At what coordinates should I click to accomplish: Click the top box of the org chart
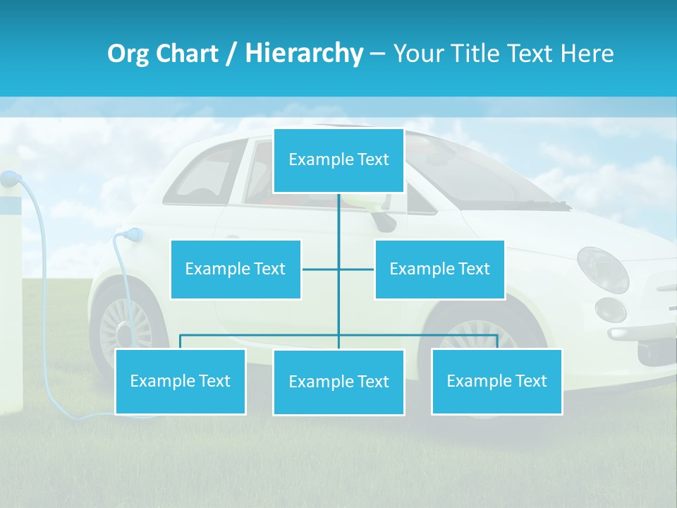tap(338, 160)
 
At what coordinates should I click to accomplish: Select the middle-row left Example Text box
tap(236, 269)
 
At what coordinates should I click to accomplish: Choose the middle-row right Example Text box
tap(439, 269)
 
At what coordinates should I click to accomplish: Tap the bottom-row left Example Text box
tap(180, 381)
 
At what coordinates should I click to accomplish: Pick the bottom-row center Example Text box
tap(338, 382)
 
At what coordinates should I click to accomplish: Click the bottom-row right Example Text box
tap(496, 381)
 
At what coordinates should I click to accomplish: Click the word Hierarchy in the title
tap(304, 54)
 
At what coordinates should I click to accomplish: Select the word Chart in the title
tap(186, 54)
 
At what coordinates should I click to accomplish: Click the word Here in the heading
tap(587, 54)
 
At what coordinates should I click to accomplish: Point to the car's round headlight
tap(603, 270)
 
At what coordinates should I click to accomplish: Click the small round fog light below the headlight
tap(610, 310)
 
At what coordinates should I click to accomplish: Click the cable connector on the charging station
tap(10, 179)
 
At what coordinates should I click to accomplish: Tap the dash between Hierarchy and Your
tap(377, 54)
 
